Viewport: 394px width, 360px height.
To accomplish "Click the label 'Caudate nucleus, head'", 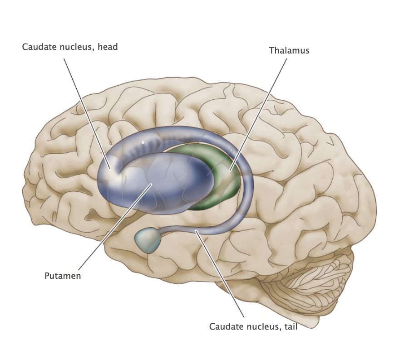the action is [69, 47].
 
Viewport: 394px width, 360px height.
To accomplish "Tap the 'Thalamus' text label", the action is [289, 50].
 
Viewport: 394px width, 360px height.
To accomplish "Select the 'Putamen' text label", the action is [63, 276].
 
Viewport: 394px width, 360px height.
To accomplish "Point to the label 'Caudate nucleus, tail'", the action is [253, 326].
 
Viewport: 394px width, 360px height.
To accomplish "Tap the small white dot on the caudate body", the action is [143, 142].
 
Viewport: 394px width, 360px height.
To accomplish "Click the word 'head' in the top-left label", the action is [108, 47].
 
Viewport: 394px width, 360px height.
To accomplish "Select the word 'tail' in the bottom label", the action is [289, 326].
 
